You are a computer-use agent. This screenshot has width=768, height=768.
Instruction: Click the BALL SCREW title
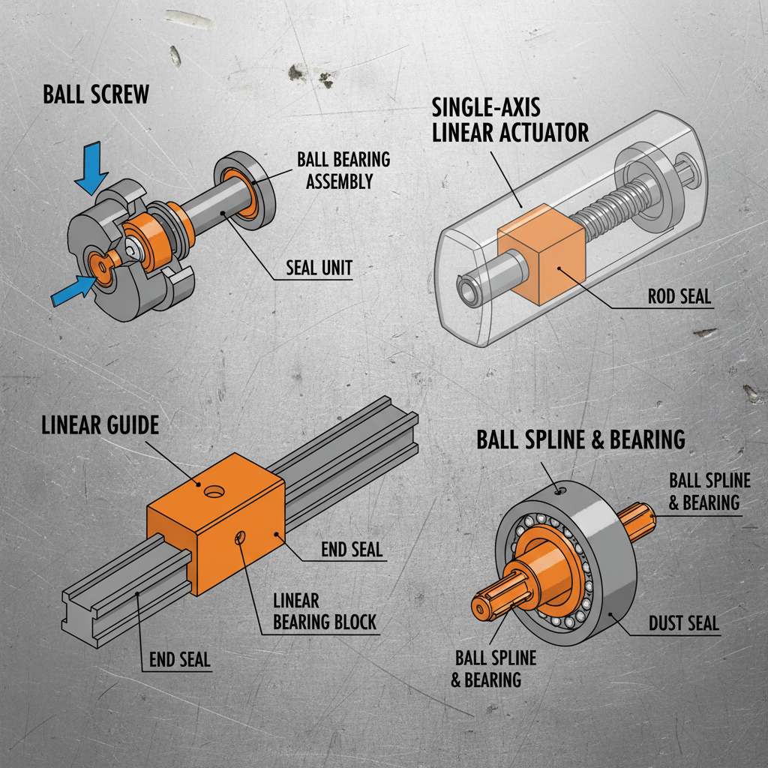pyautogui.click(x=96, y=94)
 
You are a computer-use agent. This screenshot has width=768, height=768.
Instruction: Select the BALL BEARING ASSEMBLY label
pyautogui.click(x=343, y=170)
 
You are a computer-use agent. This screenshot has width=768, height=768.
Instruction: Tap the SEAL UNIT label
pyautogui.click(x=319, y=268)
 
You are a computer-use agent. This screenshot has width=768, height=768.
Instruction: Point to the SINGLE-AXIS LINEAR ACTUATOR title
pyautogui.click(x=510, y=120)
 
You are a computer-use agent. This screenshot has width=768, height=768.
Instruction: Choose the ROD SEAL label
pyautogui.click(x=679, y=296)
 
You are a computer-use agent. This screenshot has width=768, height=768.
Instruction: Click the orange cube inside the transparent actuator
pyautogui.click(x=540, y=255)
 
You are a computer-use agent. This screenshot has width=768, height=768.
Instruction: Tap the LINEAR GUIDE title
pyautogui.click(x=100, y=426)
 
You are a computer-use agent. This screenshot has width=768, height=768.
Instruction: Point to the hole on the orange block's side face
pyautogui.click(x=240, y=537)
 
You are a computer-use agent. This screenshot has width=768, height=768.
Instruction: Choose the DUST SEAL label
pyautogui.click(x=683, y=622)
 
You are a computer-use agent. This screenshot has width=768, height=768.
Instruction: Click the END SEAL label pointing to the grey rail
pyautogui.click(x=179, y=659)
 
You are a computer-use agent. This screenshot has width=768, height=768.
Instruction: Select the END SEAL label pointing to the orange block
pyautogui.click(x=351, y=549)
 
